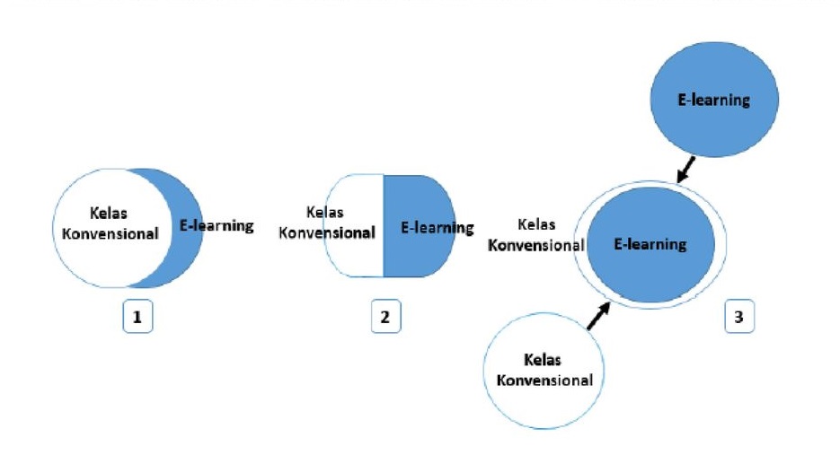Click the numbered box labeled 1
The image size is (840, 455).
(x=137, y=317)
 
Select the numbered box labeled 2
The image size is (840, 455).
(x=385, y=317)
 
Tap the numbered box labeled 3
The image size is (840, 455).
(x=738, y=317)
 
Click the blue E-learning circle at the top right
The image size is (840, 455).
(x=713, y=100)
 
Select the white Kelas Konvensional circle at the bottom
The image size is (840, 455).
(x=544, y=370)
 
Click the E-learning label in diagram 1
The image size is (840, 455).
(x=217, y=226)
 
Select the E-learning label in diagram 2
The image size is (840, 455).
(x=437, y=228)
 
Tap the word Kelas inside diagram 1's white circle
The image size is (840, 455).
(x=109, y=214)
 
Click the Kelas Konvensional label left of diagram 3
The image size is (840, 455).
(x=536, y=235)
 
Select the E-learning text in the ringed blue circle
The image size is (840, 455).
(x=650, y=243)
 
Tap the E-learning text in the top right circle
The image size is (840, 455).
(x=713, y=100)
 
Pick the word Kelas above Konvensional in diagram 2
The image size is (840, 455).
(x=324, y=213)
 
